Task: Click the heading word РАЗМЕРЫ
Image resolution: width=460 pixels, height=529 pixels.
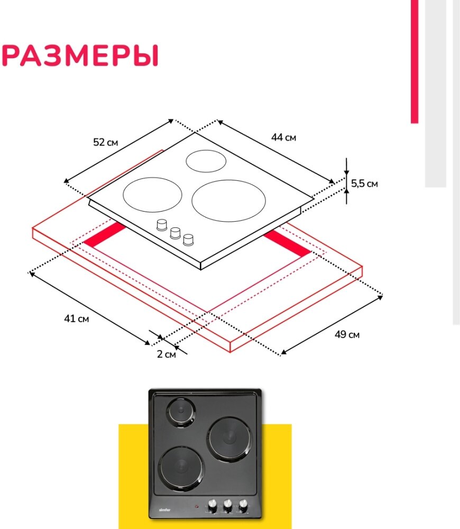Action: point(80,56)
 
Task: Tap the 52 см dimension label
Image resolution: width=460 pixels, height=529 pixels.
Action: point(106,142)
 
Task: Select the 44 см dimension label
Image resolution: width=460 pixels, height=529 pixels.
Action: point(284,138)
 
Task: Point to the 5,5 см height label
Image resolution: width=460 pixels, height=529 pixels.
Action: point(364,184)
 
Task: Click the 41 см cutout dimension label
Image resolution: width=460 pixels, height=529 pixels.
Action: point(76,318)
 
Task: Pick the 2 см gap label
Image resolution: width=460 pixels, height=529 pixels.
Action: point(167,354)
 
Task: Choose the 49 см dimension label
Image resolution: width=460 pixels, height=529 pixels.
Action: point(347,334)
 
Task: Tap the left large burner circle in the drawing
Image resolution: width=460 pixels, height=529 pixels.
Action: point(149,195)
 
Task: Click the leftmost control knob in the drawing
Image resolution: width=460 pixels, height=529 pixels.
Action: point(162,225)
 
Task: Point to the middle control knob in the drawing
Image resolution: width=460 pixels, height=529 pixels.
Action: point(175,232)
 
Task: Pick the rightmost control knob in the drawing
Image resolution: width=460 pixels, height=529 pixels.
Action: point(188,240)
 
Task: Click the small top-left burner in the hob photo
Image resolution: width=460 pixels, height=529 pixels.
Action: point(181,412)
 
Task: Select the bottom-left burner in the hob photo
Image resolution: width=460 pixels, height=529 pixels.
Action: point(180,467)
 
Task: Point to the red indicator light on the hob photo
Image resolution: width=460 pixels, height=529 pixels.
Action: point(197,506)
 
